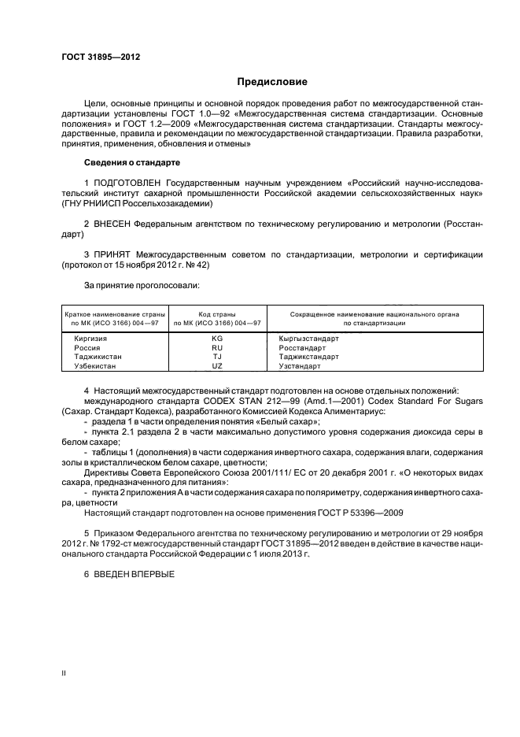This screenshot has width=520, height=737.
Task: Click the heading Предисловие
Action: tap(272, 81)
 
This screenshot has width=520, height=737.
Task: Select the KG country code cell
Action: tap(218, 338)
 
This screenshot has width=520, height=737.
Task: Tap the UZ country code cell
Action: tap(218, 366)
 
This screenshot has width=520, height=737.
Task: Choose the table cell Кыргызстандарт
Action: tap(308, 338)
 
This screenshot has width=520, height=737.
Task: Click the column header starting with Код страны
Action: tap(218, 318)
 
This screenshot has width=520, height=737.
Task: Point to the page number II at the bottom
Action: tap(65, 673)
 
